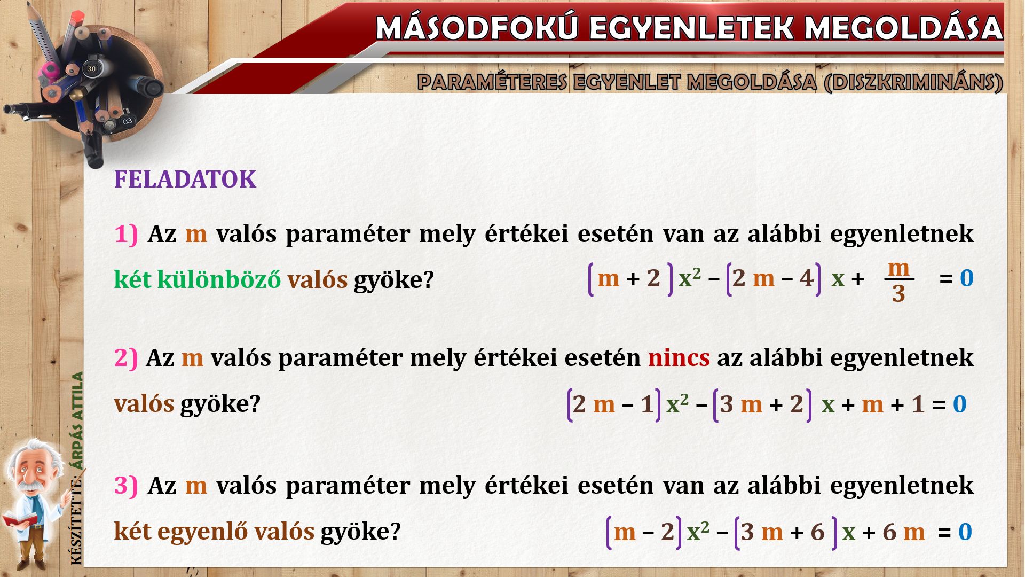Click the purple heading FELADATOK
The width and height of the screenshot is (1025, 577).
[185, 180]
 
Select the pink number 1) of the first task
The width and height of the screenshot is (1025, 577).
[126, 234]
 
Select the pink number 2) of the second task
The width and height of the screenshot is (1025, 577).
[126, 357]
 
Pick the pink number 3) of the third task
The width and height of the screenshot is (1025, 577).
[126, 485]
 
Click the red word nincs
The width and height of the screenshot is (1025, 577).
[679, 357]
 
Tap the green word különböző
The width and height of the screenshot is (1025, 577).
[219, 279]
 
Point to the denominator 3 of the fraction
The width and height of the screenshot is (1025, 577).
[898, 294]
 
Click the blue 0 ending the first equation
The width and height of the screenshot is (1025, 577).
[967, 278]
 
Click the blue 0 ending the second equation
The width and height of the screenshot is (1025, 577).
[960, 404]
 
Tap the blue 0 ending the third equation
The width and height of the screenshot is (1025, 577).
[965, 532]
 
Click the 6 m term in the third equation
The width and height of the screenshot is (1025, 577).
[903, 532]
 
